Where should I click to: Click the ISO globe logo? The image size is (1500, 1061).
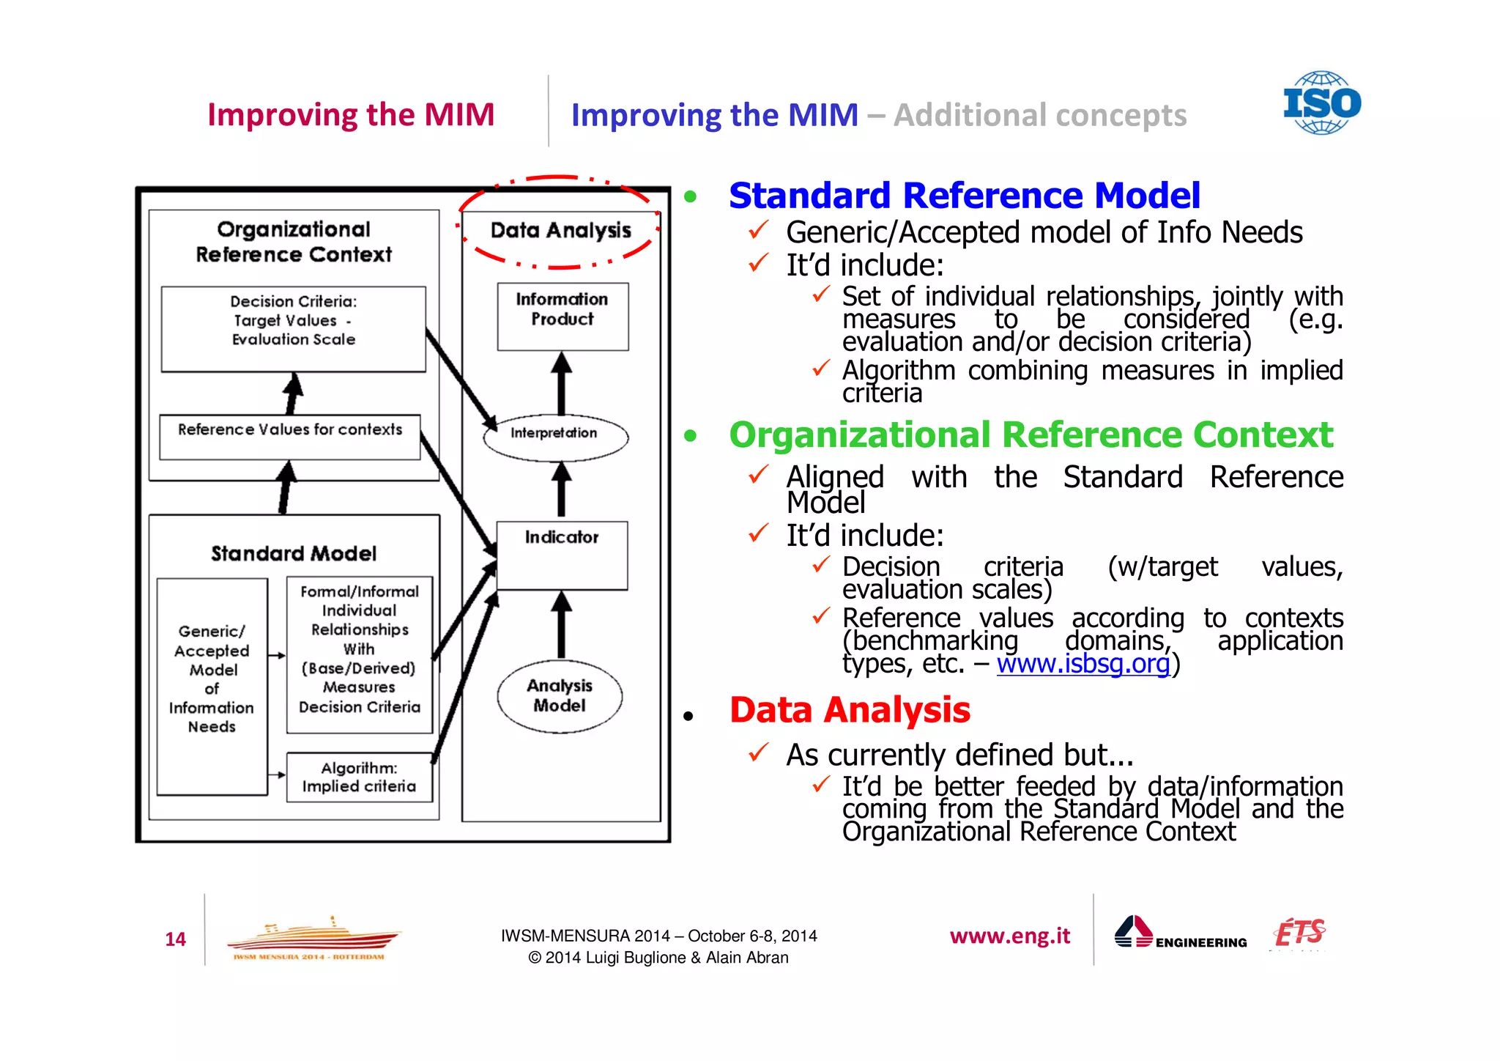coord(1321,103)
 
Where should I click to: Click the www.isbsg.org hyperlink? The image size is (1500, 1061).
coord(1083,663)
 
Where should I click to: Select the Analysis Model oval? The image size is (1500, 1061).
coord(560,695)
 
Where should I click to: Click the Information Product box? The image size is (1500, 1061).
coord(562,316)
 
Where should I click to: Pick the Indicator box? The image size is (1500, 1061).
coord(562,555)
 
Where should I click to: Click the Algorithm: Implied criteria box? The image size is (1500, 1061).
coord(359,777)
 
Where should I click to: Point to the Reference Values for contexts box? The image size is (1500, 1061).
coord(290,437)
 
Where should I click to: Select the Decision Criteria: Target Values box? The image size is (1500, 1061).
coord(293,328)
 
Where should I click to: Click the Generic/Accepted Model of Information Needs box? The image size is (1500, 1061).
coord(212,686)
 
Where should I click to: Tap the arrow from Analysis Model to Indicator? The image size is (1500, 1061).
coord(561,624)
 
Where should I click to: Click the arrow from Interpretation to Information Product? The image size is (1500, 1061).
coord(561,383)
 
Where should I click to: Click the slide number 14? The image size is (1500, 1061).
coord(175,939)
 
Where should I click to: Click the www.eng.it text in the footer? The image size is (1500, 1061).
coord(1009,936)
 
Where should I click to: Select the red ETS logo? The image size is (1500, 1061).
coord(1299,933)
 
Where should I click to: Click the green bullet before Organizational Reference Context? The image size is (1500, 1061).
coord(690,436)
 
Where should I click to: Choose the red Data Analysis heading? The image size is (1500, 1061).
coord(850,709)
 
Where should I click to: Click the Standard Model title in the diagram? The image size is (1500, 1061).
coord(294,553)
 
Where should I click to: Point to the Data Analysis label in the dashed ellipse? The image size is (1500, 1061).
coord(560,230)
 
